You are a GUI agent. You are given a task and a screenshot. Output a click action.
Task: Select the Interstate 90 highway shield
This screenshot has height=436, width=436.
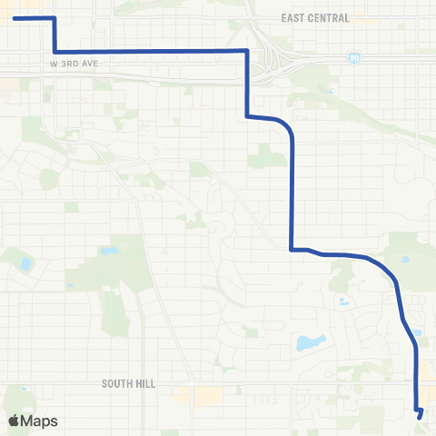coord(352,57)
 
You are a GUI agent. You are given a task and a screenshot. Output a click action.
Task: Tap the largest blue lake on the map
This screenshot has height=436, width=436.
coord(310,343)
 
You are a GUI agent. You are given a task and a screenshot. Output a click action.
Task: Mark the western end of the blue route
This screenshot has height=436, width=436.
coord(15,18)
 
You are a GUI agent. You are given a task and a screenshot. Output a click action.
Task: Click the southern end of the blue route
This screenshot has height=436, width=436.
coord(421,415)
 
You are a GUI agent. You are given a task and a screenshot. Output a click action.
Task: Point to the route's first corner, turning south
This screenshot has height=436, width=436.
coord(54,18)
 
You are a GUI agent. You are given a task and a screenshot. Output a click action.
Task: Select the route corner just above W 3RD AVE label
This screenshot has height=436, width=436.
coord(55,51)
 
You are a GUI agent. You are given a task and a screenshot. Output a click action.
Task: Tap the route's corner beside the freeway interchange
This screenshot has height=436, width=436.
coord(247,51)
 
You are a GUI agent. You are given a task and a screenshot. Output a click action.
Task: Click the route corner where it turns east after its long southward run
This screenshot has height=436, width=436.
coord(291,248)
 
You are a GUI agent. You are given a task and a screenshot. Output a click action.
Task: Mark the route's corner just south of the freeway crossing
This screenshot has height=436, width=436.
coord(247,115)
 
